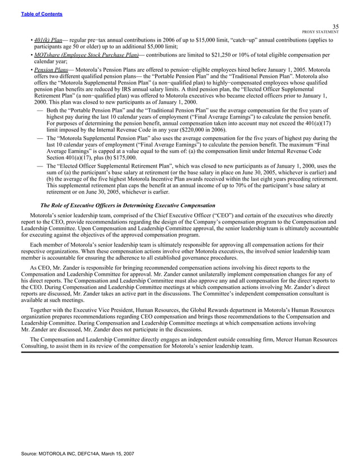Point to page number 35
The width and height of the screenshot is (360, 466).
point(335,26)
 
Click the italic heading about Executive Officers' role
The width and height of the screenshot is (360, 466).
point(128,204)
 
